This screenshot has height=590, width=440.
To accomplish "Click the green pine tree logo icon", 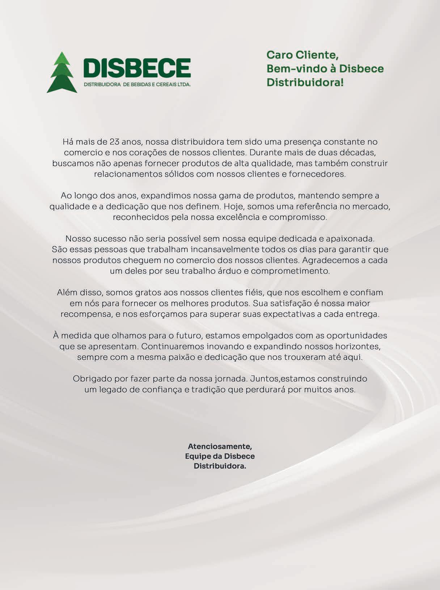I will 62,73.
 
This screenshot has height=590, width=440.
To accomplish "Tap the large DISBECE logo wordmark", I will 137,68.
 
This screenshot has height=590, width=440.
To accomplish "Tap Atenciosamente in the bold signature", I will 220,446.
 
